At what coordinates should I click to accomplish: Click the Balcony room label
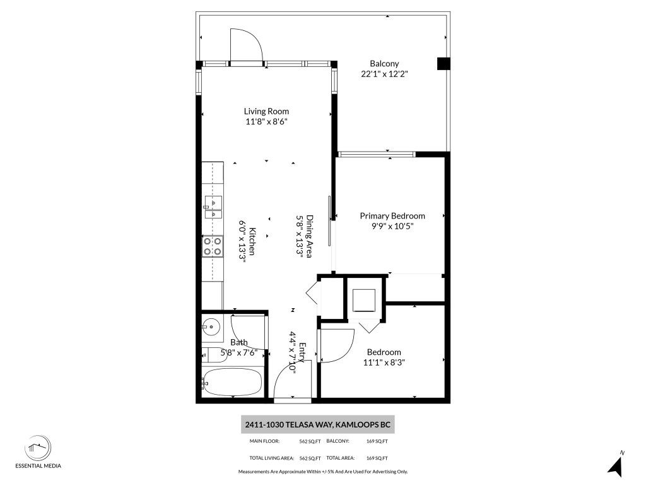pos(384,64)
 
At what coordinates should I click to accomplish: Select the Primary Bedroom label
pos(392,216)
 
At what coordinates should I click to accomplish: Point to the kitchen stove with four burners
pos(212,246)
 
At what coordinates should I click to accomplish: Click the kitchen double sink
pos(213,208)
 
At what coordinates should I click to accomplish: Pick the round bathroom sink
pos(210,327)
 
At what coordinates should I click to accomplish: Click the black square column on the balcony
pos(443,64)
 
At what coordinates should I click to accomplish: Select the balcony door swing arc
pos(247,44)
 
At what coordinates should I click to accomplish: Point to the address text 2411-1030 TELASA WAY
pos(319,425)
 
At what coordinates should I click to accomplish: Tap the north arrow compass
pos(616,465)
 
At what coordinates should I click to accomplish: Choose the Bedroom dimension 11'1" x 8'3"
pos(384,362)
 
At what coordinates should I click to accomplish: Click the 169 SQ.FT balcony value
pos(377,441)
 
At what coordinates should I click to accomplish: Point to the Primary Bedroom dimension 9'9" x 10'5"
pos(392,226)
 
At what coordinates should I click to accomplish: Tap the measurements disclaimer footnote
pos(322,472)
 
